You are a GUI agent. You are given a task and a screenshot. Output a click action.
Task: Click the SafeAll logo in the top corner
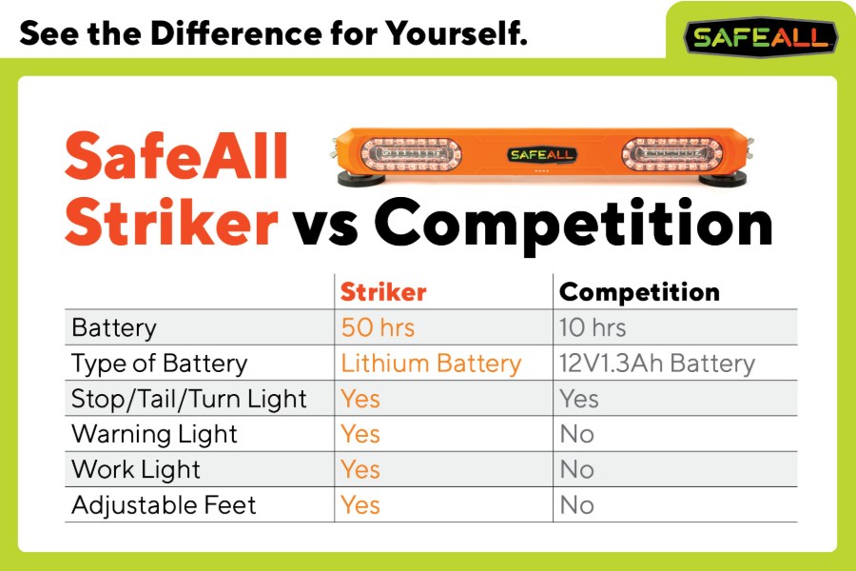coord(761,37)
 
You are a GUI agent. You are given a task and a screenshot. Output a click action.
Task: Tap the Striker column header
coord(383,292)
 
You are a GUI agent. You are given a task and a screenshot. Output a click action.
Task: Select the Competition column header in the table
coord(639,292)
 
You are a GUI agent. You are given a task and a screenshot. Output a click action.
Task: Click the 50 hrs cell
coord(378,328)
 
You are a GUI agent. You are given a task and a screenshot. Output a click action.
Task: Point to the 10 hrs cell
coord(593,328)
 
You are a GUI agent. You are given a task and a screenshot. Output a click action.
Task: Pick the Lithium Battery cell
coord(431,364)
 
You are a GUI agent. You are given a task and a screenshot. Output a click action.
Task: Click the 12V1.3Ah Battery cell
coord(657,364)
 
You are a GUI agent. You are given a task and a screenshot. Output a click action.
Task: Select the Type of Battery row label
coord(160,364)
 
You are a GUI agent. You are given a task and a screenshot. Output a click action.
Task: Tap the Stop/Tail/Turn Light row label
coord(189,399)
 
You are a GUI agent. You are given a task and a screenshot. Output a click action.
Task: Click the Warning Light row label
coord(154,434)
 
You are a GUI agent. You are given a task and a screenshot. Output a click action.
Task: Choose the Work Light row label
coord(136,469)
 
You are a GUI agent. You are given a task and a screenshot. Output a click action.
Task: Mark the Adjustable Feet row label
coord(164,504)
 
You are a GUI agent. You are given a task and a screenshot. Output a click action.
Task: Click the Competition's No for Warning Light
coord(576,434)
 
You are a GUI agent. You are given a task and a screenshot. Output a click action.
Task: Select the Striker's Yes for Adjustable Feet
coord(360,504)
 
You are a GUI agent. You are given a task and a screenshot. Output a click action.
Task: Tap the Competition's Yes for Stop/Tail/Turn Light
coord(579,399)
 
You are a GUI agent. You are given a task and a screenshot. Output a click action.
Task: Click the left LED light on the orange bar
coord(408,153)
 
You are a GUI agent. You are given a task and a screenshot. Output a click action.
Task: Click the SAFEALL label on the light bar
coord(538,154)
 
